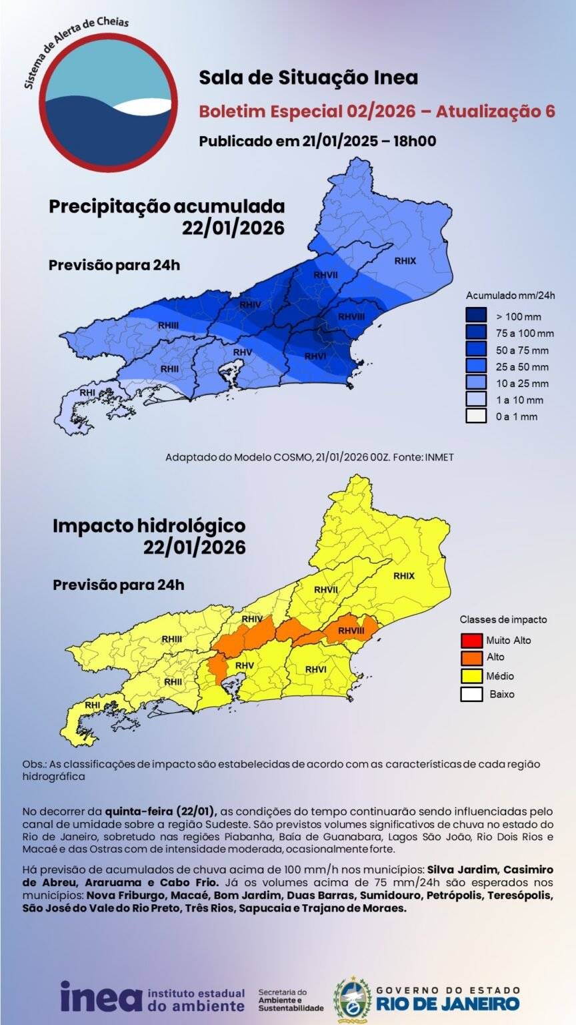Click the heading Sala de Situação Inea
(x=308, y=78)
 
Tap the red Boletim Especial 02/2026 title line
(x=377, y=111)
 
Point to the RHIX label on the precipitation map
(x=405, y=261)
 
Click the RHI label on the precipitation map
(x=87, y=392)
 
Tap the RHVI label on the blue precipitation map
(x=315, y=356)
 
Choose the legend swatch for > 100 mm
(x=476, y=316)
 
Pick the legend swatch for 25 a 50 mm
(x=476, y=366)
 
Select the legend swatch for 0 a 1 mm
(x=476, y=416)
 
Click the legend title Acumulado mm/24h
(x=510, y=295)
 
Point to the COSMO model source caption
(x=309, y=457)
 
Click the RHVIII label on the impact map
(x=351, y=630)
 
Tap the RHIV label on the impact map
(x=251, y=619)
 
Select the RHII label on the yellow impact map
(x=173, y=681)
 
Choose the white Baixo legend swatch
(x=471, y=694)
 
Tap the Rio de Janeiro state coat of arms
(x=352, y=999)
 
